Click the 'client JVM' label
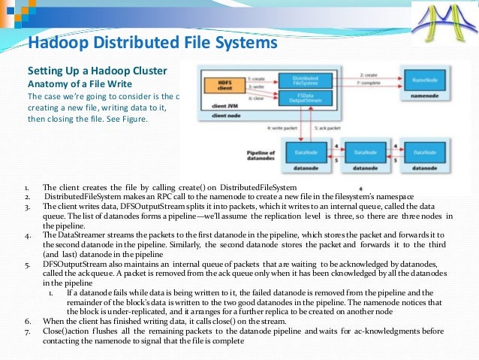[214, 107]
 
